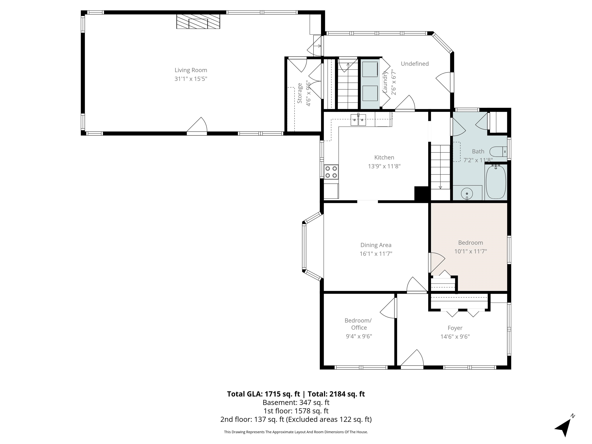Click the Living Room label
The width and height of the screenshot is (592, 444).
click(x=191, y=70)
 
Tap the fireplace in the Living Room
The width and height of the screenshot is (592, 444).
click(x=198, y=21)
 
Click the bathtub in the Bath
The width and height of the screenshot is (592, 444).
click(x=496, y=182)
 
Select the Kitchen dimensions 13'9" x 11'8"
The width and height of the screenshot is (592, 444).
click(x=384, y=166)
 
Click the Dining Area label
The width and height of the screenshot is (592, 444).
click(x=376, y=245)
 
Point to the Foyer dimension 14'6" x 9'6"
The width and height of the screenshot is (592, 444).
click(x=455, y=337)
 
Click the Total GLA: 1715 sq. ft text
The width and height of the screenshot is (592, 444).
click(x=263, y=394)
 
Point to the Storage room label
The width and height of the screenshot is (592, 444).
click(x=300, y=93)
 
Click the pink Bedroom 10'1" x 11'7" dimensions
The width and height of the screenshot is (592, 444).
click(x=470, y=251)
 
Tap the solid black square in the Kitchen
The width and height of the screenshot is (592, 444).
click(x=422, y=193)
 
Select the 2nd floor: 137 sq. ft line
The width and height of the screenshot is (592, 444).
click(x=296, y=419)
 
